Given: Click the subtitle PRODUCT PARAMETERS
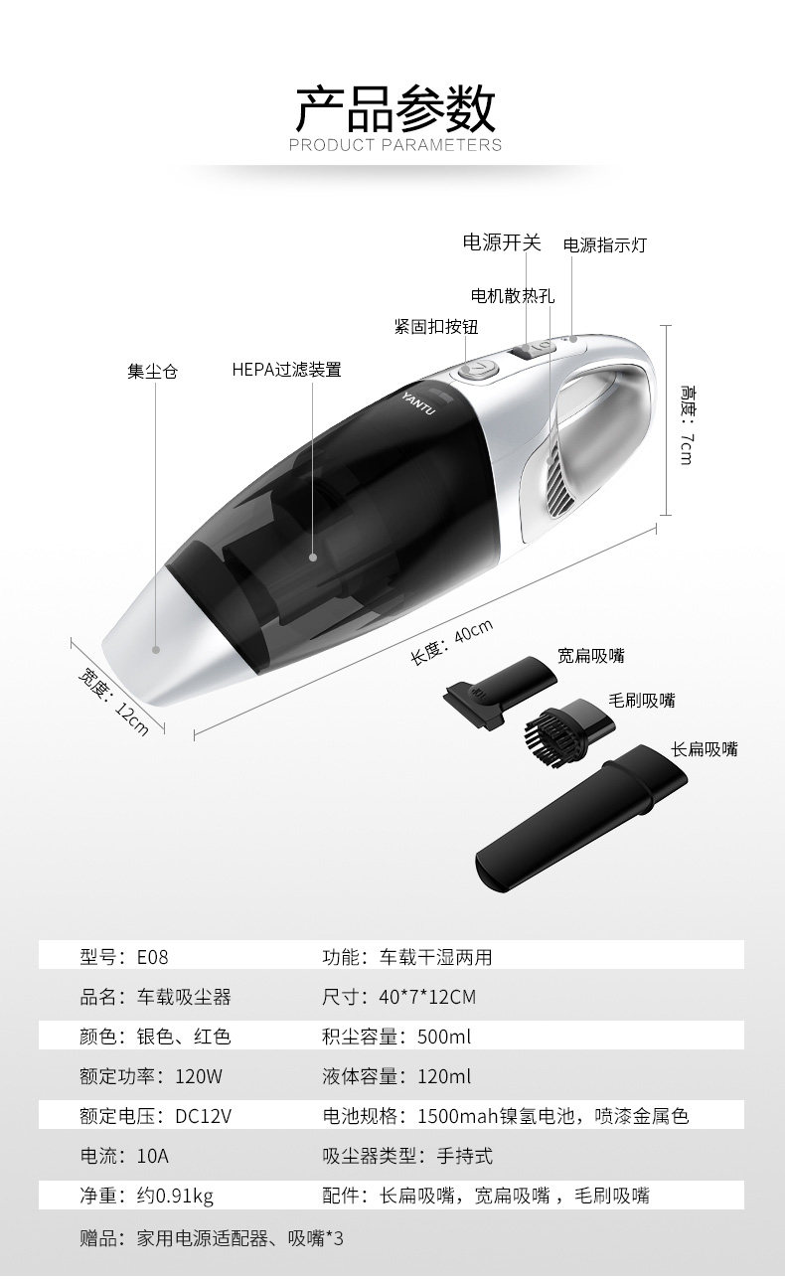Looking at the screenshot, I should (394, 145).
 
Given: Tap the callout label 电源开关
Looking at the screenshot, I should (502, 242).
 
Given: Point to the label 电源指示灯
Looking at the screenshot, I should (605, 244).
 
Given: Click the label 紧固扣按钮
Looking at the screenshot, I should (436, 327).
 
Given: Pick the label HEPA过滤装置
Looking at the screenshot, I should (286, 370).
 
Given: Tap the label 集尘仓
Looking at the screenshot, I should (152, 372).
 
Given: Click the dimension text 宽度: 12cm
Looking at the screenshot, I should (114, 702).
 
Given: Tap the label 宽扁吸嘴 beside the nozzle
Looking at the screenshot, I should (590, 655).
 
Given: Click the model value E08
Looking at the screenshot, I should (152, 957).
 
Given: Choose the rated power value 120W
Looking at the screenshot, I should (199, 1076).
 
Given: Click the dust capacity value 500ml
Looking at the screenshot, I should (444, 1037).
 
